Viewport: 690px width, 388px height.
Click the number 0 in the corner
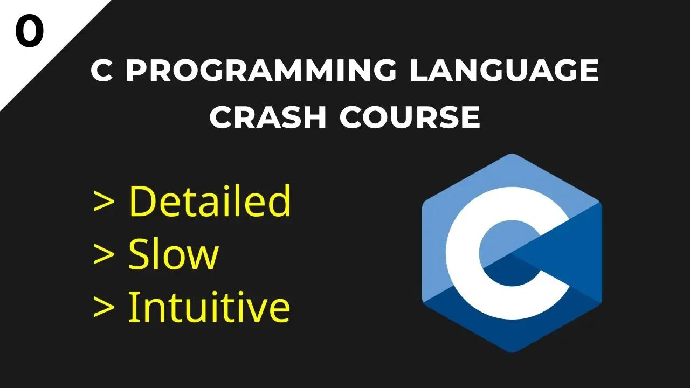click(x=29, y=32)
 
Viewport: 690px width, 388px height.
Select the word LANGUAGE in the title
click(x=504, y=71)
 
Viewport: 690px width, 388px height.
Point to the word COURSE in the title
click(x=410, y=117)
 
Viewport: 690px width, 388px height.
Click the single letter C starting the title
click(x=102, y=71)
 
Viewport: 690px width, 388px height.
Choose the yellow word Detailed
click(x=210, y=201)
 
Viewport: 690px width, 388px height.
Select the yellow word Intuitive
click(x=209, y=307)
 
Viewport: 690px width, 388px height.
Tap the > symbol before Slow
click(x=103, y=255)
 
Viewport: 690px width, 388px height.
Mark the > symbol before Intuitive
click(x=103, y=308)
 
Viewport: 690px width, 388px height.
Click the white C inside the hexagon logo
click(x=464, y=253)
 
